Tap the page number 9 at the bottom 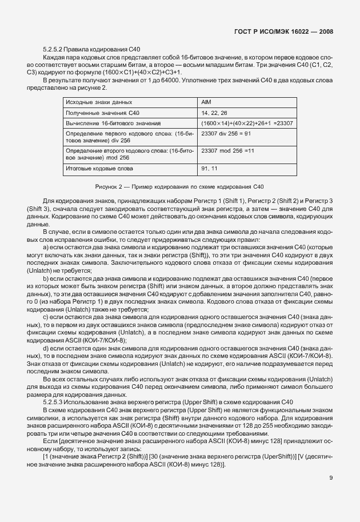pyautogui.click(x=331, y=493)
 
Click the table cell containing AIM pyautogui.click(x=206, y=102)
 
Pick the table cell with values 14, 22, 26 pyautogui.click(x=214, y=113)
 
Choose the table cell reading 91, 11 pyautogui.click(x=209, y=169)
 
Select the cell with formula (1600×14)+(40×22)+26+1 pyautogui.click(x=247, y=123)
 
